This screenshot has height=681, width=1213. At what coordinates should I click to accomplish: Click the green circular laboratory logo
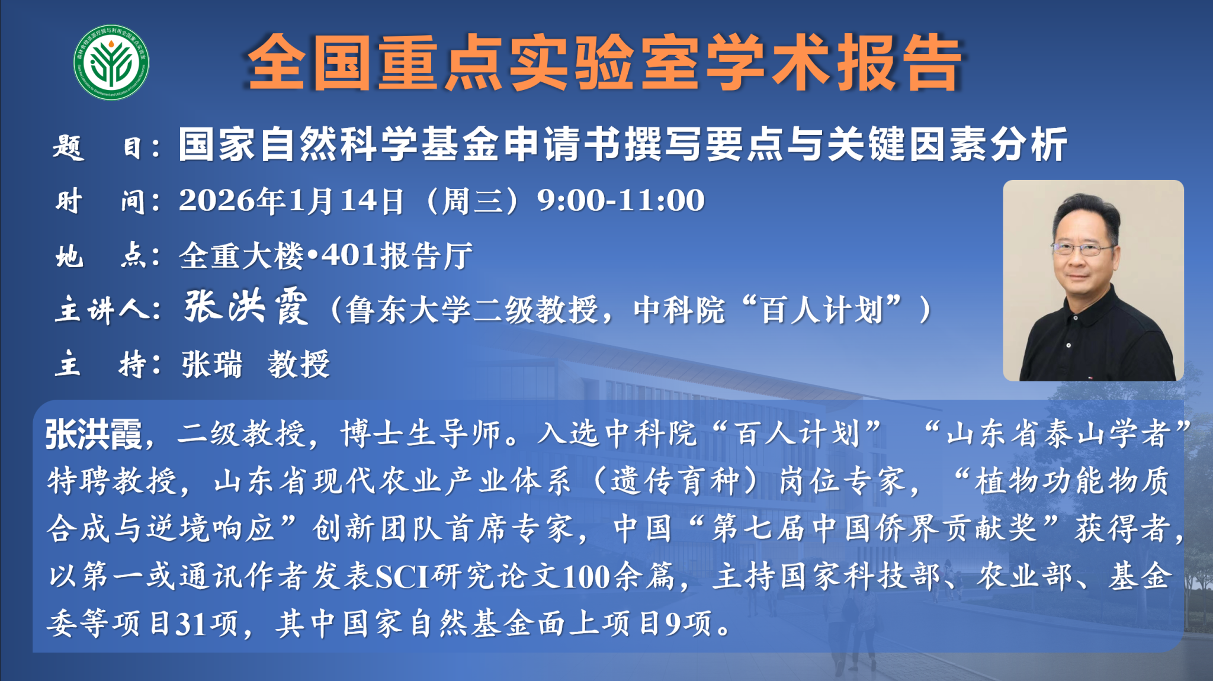pos(111,62)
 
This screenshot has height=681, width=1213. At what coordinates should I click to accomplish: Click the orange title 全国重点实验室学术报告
pos(604,62)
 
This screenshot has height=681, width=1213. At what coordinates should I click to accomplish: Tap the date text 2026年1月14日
pos(292,200)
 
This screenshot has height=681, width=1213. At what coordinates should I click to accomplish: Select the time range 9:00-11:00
pos(621,200)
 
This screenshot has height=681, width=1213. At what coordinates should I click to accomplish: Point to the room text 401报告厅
pos(397,256)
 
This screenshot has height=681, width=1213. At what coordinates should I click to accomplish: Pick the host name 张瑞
pos(212,364)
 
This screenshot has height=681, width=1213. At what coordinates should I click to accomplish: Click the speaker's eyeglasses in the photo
pos(1082,249)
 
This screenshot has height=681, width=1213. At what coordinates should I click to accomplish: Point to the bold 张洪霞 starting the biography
pos(94,435)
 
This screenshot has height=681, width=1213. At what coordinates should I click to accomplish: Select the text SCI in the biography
pos(402,576)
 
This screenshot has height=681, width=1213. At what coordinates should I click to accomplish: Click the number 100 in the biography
pos(586,576)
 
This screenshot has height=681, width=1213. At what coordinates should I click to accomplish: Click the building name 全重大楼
pos(242,256)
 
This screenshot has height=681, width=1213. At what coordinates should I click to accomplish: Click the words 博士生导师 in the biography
pos(421,434)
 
